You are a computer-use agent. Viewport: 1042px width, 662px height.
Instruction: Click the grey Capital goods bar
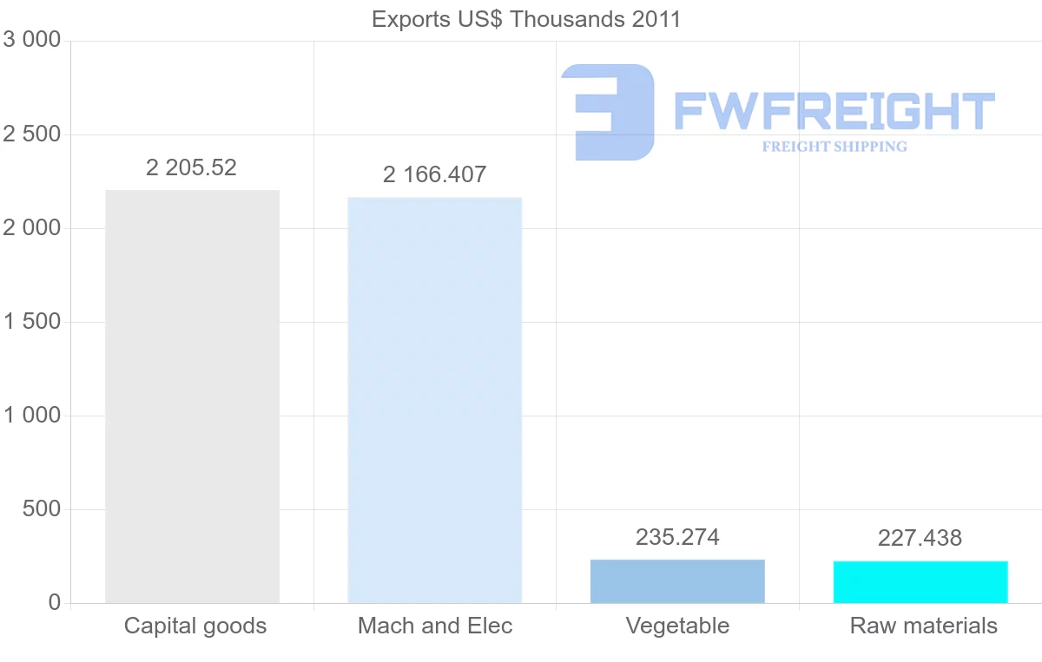192,397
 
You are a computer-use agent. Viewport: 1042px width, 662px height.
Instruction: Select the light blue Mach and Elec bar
435,400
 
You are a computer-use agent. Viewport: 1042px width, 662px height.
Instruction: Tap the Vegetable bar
677,581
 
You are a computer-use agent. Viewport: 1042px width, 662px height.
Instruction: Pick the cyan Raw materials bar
920,582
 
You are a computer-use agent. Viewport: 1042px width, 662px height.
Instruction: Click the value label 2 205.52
191,167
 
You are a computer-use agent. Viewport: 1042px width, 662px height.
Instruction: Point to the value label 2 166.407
434,174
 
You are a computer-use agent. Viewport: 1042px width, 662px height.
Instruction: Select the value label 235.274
677,537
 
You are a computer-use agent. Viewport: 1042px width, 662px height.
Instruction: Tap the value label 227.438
920,538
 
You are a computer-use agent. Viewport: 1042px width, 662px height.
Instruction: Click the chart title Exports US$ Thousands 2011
526,19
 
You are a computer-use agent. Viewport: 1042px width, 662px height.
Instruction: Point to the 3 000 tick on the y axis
32,41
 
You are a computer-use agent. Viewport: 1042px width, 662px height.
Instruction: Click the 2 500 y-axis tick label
32,134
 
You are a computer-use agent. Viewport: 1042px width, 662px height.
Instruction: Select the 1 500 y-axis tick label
32,322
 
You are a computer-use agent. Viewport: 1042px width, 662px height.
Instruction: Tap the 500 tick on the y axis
41,509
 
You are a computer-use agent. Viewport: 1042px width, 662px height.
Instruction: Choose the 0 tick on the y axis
54,603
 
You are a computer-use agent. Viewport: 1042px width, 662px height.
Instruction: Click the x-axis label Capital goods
195,626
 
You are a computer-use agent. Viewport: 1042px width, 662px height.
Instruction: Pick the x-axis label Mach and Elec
435,626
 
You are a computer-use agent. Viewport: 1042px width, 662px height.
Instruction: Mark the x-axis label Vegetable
677,626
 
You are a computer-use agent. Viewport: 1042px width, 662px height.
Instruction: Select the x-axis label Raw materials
924,626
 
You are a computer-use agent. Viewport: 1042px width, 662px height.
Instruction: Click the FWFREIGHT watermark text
834,111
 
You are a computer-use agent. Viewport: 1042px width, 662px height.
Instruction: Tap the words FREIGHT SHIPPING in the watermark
834,147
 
